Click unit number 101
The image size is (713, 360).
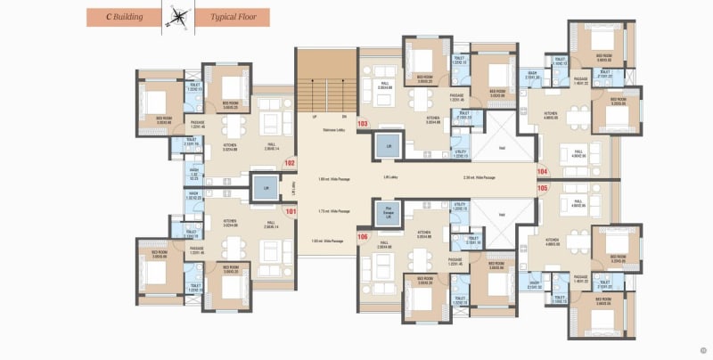(290, 211)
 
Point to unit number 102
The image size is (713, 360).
(290, 163)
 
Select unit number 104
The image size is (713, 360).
(543, 170)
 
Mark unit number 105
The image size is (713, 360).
(543, 188)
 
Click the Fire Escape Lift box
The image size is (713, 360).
(389, 213)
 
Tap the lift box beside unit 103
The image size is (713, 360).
(389, 146)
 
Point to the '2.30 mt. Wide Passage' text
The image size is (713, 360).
(479, 178)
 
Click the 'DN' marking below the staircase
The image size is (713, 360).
(342, 117)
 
